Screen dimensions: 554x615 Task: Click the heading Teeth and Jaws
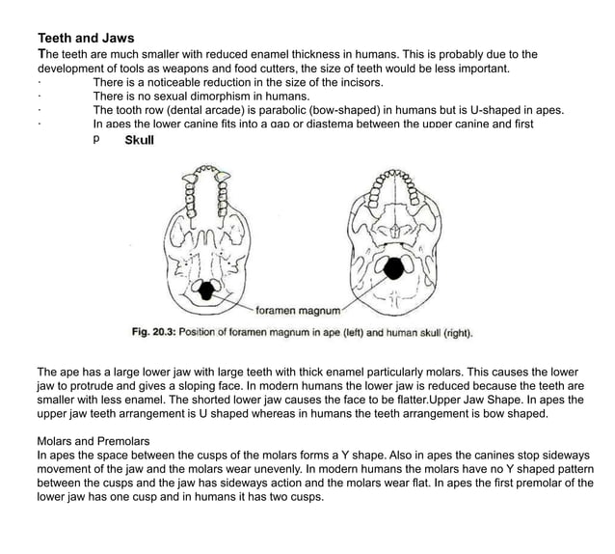click(x=85, y=39)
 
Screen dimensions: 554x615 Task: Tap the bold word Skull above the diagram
click(x=140, y=140)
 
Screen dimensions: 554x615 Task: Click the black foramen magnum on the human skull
click(x=395, y=268)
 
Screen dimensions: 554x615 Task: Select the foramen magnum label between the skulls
click(x=299, y=312)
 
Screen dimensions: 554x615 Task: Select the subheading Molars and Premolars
click(x=94, y=441)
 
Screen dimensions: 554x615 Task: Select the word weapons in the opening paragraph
click(x=189, y=69)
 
